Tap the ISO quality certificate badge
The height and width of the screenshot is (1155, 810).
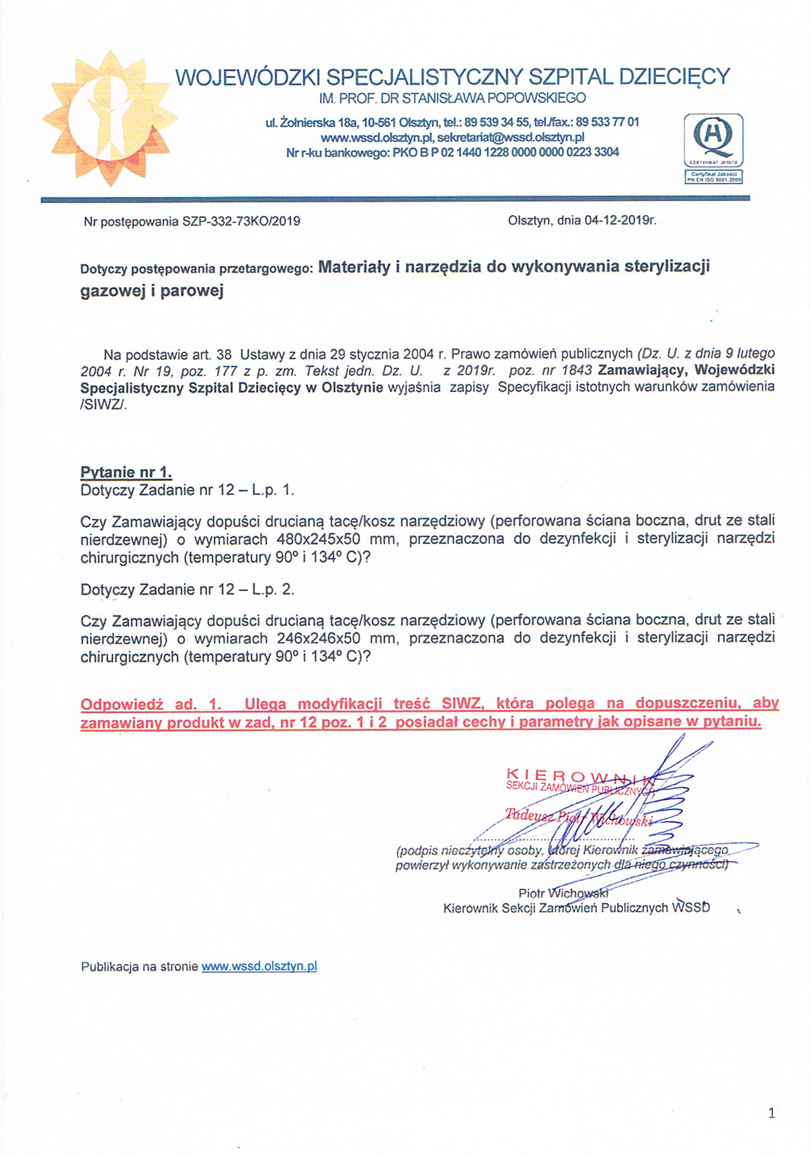click(x=713, y=149)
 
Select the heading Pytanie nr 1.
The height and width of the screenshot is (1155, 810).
click(x=126, y=472)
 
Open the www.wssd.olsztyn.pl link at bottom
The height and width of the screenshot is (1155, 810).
click(x=259, y=967)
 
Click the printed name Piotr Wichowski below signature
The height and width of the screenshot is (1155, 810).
click(x=563, y=893)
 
